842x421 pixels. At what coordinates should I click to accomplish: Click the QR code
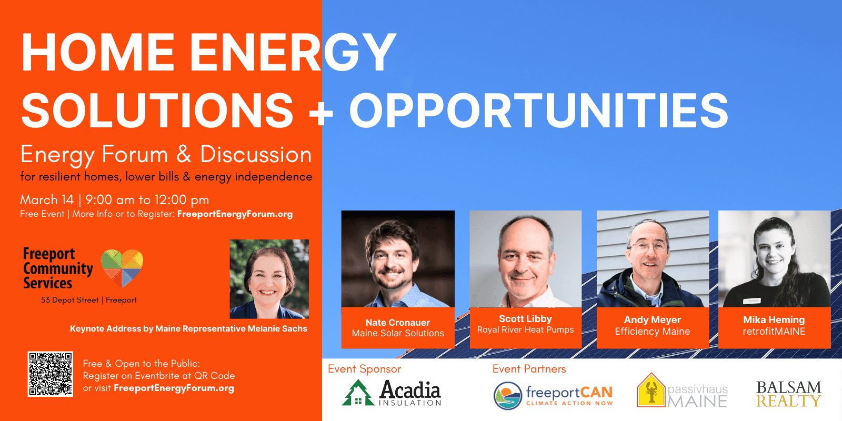[x=51, y=374]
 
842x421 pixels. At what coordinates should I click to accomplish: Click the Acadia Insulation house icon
[x=358, y=393]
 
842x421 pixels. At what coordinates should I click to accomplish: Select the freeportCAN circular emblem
[x=508, y=396]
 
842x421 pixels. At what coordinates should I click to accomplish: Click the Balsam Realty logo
[x=789, y=394]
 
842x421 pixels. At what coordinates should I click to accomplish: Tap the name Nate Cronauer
[x=398, y=323]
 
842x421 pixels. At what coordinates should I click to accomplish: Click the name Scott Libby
[x=525, y=319]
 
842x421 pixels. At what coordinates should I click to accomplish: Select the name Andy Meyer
[x=652, y=319]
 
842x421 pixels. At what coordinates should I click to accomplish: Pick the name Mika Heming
[x=774, y=319]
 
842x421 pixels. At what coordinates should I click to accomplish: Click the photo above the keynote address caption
[x=269, y=279]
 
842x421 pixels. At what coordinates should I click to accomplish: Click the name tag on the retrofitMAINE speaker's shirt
[x=752, y=300]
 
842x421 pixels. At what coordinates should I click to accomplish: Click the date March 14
[x=47, y=199]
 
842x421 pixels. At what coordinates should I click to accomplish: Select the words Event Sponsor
[x=364, y=369]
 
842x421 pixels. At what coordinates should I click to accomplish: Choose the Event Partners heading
[x=529, y=369]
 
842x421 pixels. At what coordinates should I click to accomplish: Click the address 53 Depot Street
[x=70, y=300]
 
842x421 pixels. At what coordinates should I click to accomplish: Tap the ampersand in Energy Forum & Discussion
[x=184, y=155]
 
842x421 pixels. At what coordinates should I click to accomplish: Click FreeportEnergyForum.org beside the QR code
[x=174, y=388]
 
